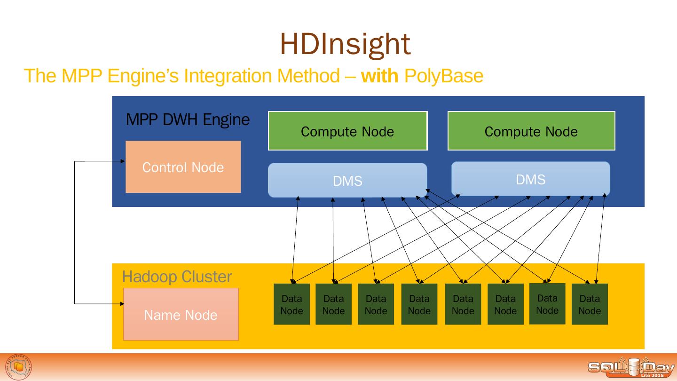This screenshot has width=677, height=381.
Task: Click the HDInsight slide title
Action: [345, 44]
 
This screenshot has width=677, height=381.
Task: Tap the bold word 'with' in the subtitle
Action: [379, 76]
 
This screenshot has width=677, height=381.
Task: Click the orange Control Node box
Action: [183, 167]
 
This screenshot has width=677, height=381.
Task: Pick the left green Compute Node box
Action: [347, 131]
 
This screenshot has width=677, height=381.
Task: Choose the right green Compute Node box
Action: [531, 131]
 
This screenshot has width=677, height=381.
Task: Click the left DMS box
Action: [347, 181]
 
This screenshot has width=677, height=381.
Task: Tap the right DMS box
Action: [530, 179]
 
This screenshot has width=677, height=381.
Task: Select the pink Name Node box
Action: [181, 314]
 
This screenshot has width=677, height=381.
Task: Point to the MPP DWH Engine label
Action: [188, 120]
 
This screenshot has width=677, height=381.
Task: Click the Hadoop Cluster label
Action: [177, 277]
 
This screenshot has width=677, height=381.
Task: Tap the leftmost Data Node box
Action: [291, 304]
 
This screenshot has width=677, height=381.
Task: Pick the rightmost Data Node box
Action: [590, 304]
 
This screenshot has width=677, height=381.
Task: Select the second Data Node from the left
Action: [333, 304]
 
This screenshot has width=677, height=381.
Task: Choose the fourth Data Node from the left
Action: [419, 304]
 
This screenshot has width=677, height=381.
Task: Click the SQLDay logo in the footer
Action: [630, 367]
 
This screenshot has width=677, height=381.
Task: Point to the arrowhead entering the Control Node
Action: [123, 161]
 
